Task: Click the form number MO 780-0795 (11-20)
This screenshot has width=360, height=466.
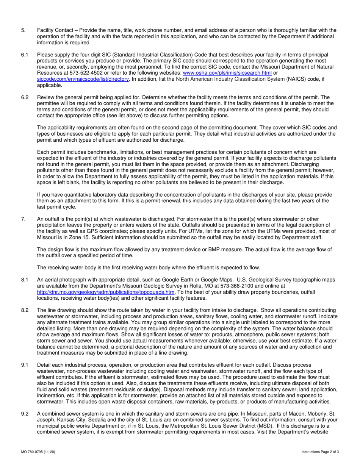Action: [x=39, y=452]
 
